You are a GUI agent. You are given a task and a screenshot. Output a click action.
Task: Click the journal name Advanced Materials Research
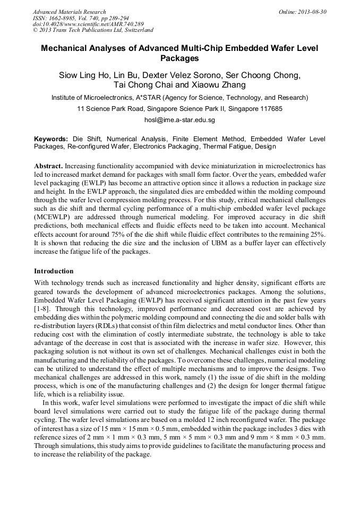69,12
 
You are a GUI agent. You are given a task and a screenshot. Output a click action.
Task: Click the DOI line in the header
88,24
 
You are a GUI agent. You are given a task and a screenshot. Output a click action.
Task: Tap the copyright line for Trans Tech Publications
93,30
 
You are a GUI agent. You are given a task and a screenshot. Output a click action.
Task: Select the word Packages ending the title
179,58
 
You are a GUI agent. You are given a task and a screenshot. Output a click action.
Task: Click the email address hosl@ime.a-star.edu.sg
179,120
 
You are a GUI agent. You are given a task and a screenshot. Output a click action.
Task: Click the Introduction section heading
54,271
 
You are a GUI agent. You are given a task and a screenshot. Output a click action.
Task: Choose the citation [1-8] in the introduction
42,308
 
